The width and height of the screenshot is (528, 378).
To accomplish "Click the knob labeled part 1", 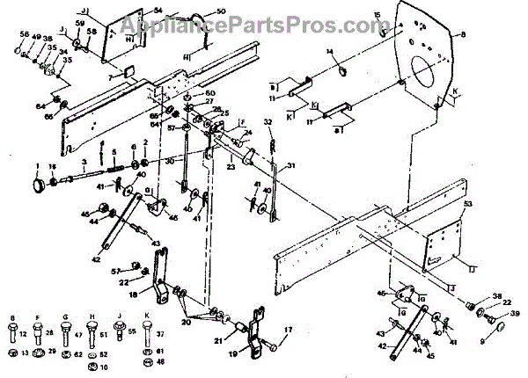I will tap(39, 185).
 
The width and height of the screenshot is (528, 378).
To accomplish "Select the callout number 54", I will tap(158, 11).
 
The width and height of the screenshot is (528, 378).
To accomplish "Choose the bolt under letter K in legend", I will tap(145, 334).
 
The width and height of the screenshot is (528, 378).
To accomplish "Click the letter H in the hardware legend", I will tap(92, 318).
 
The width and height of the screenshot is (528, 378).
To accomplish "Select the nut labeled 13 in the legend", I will tap(11, 353).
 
